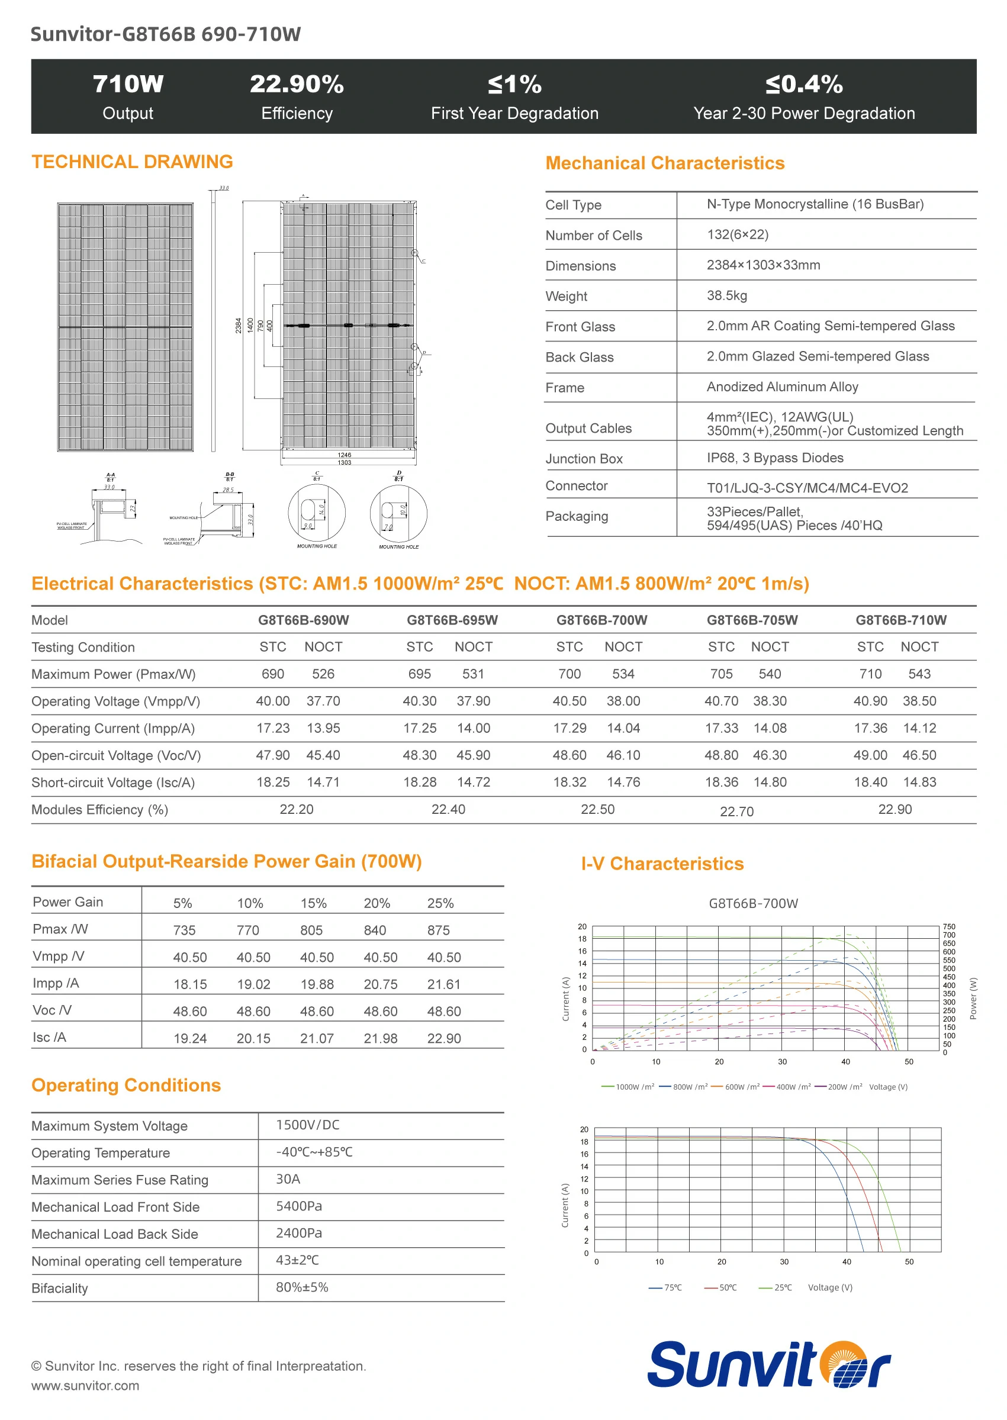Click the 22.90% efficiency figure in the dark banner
[297, 84]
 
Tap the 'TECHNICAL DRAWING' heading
[132, 162]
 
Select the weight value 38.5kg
[727, 295]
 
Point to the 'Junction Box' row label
[584, 459]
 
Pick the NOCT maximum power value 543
[919, 674]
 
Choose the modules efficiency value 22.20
[297, 810]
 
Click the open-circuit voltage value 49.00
[870, 755]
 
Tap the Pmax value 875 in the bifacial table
[439, 930]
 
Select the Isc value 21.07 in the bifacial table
[317, 1038]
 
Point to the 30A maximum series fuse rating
[288, 1179]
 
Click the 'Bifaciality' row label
[60, 1289]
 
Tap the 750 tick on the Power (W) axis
[949, 926]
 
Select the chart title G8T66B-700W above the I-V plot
[753, 904]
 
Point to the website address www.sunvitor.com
[85, 1386]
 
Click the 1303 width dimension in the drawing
[344, 462]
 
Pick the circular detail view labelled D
[398, 513]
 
